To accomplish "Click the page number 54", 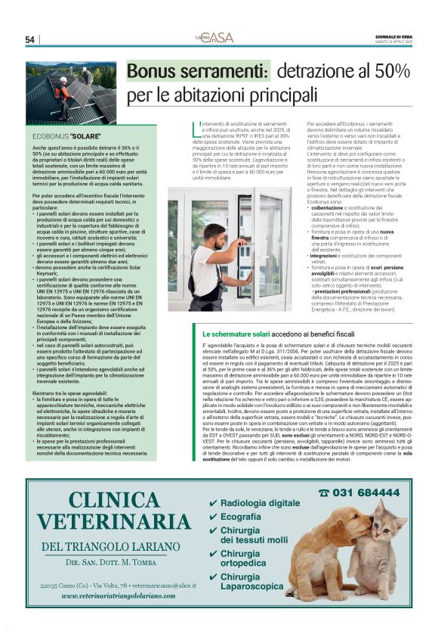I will tap(30, 39).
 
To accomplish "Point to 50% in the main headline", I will tap(392, 73).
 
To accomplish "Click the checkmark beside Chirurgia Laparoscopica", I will tap(213, 577).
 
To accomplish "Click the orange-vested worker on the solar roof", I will tap(63, 92).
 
